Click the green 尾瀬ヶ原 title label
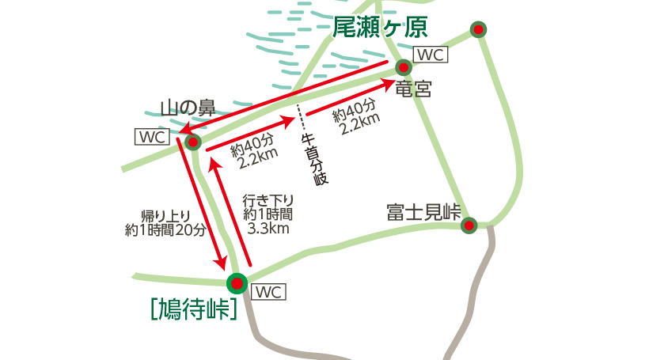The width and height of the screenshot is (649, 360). pyautogui.click(x=380, y=28)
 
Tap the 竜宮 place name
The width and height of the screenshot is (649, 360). pyautogui.click(x=413, y=88)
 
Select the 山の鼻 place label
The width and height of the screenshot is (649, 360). pyautogui.click(x=188, y=107)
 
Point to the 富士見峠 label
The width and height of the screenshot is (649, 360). pyautogui.click(x=423, y=212)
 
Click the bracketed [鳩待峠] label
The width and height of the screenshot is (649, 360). pyautogui.click(x=194, y=308)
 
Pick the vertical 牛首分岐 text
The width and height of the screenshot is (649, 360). pyautogui.click(x=315, y=159)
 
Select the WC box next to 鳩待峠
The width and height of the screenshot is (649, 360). pyautogui.click(x=268, y=292)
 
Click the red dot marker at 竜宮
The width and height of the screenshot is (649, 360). pyautogui.click(x=404, y=67)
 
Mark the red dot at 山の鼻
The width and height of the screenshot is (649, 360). pyautogui.click(x=192, y=142)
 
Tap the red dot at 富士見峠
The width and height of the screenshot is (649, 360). pyautogui.click(x=469, y=225)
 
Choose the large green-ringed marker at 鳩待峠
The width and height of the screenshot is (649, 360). pyautogui.click(x=236, y=282)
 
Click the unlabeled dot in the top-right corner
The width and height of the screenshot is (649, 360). pyautogui.click(x=478, y=30)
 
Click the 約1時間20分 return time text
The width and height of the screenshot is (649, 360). pyautogui.click(x=165, y=230)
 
